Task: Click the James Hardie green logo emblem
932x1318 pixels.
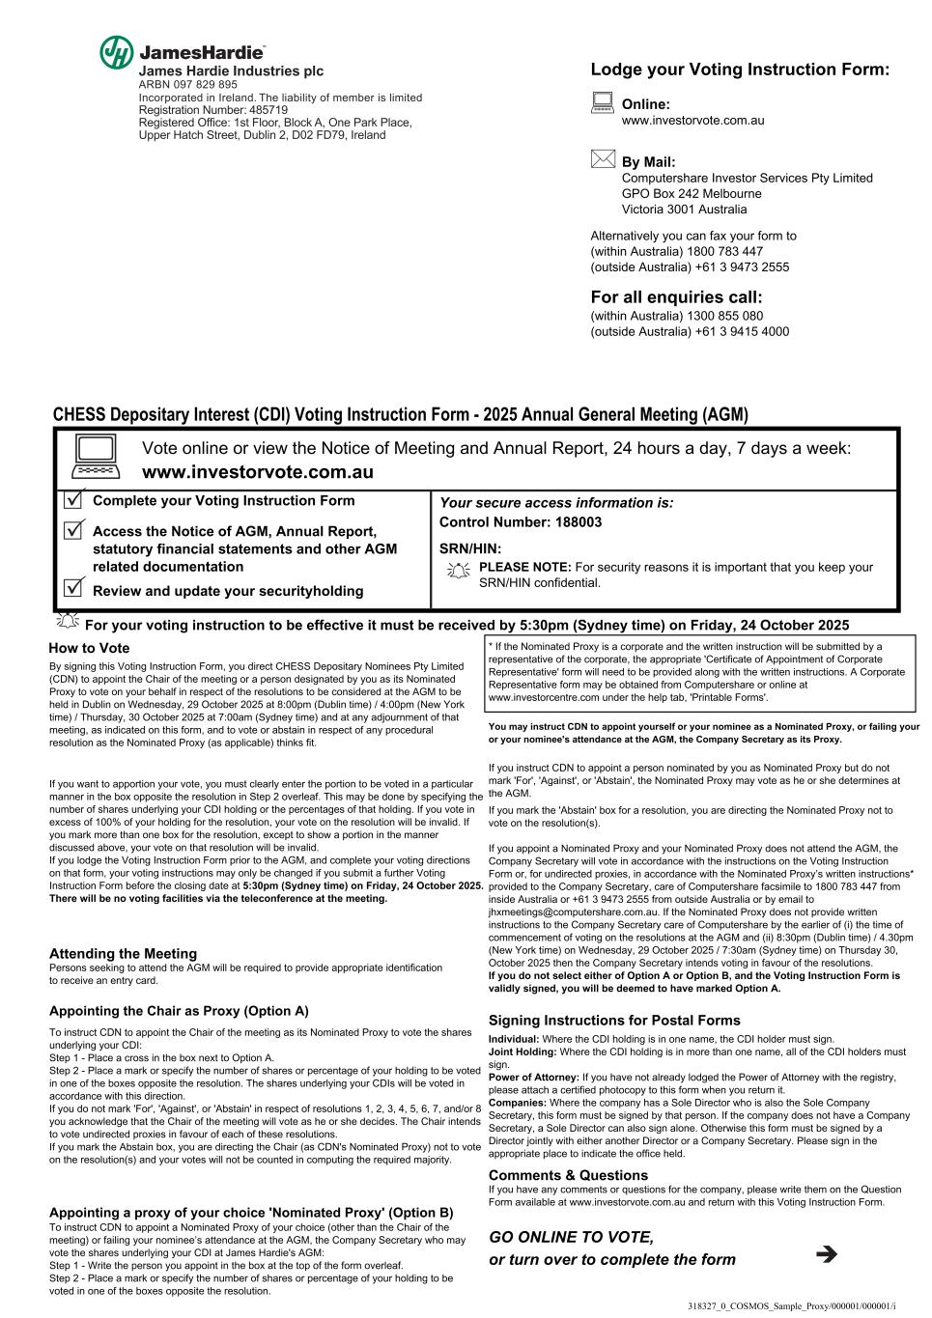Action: click(x=117, y=53)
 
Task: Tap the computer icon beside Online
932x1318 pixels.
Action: click(x=603, y=103)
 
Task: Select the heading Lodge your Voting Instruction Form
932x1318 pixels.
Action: click(x=739, y=70)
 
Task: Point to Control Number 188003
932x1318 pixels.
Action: click(x=521, y=522)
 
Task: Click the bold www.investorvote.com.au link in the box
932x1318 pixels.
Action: click(x=257, y=473)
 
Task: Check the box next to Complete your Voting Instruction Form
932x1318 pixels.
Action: click(x=73, y=500)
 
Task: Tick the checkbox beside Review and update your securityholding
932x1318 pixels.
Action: click(x=73, y=588)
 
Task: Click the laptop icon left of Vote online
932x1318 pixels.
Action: click(x=95, y=457)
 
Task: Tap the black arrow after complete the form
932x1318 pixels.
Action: click(x=826, y=1254)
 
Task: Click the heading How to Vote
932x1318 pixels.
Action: click(x=89, y=648)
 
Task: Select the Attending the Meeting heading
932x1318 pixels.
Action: click(x=123, y=953)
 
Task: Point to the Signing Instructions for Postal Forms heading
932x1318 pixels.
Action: click(x=614, y=1020)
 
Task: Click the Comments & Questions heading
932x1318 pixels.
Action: click(x=568, y=1175)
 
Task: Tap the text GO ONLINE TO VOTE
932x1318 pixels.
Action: click(x=571, y=1237)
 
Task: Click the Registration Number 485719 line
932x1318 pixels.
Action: click(x=213, y=110)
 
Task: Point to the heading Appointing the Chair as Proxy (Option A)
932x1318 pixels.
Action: click(x=179, y=1011)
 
